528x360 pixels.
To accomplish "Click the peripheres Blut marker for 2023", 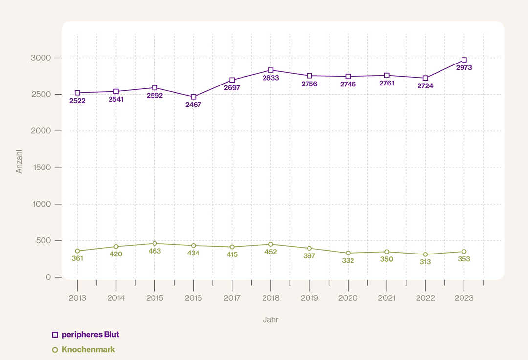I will [464, 60].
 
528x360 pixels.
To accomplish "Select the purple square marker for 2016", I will [194, 97].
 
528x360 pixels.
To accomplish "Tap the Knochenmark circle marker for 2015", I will [154, 243].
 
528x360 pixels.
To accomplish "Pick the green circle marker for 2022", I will [425, 254].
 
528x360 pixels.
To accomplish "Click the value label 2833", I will [270, 78].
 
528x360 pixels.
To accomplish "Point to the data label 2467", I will [193, 105].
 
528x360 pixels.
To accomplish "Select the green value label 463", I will [154, 251].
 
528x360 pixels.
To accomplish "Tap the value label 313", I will [425, 262].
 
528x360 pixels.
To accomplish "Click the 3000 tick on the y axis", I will [42, 58].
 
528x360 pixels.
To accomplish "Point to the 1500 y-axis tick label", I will [42, 168].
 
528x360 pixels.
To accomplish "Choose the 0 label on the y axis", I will [48, 277].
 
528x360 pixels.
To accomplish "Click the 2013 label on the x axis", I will [77, 298].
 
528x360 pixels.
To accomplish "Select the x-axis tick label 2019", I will [309, 298].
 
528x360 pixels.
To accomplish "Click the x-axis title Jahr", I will [270, 320].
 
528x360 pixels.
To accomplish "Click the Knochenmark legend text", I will [88, 350].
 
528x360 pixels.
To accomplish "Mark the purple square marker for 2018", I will [271, 70].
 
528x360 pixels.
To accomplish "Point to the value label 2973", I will [464, 68].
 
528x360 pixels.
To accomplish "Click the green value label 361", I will [77, 258].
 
